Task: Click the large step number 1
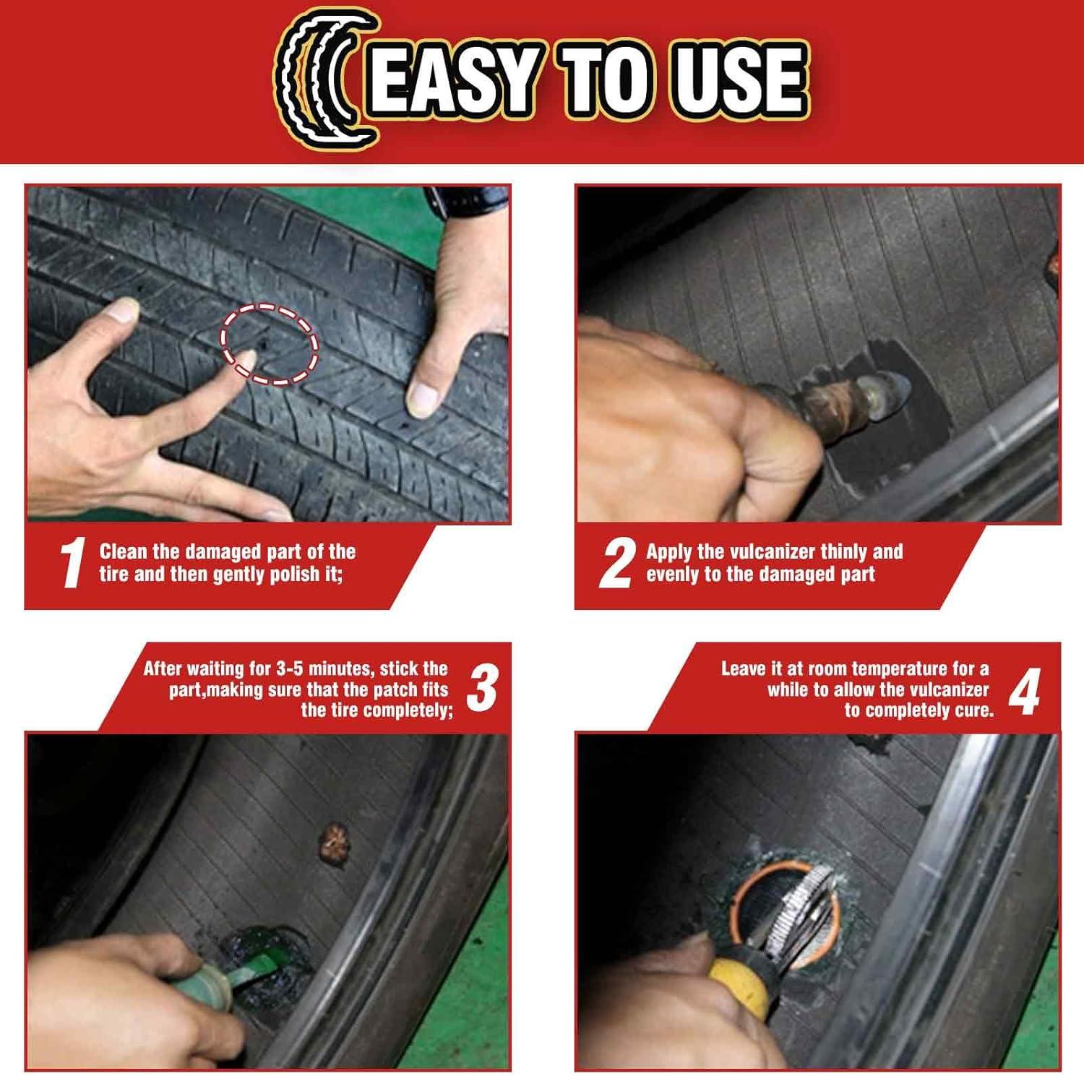[72, 563]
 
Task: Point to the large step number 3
[482, 689]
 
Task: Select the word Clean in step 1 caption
[124, 552]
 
